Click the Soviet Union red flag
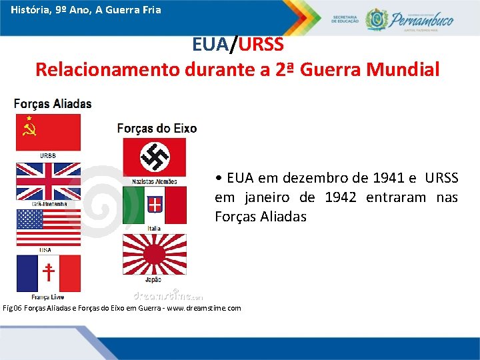48,132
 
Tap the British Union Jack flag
48,181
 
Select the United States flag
48,227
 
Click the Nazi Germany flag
154,157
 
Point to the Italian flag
154,205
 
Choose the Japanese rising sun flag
154,254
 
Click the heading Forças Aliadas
53,104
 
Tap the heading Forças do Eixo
157,128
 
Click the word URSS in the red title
261,45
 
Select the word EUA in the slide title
209,45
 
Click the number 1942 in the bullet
343,197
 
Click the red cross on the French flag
48,273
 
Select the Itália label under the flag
154,229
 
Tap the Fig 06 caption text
123,308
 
